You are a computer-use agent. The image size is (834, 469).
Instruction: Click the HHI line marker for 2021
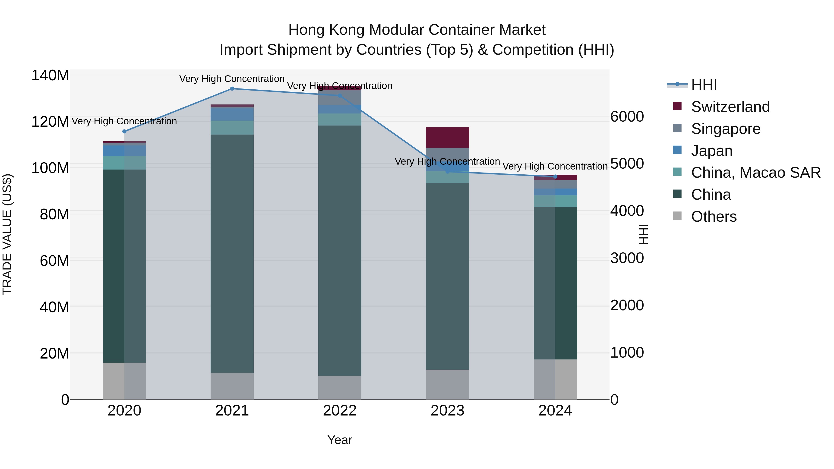[x=232, y=89]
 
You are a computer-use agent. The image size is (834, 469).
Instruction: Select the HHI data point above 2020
[x=124, y=131]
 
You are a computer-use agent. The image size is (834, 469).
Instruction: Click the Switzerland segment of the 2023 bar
[x=447, y=138]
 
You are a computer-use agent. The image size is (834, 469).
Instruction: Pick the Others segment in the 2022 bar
[x=340, y=387]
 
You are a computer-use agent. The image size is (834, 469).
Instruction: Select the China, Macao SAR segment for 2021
[x=232, y=128]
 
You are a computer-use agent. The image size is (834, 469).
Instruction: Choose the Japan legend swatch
[x=677, y=150]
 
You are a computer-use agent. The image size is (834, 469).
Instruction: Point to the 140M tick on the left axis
[x=50, y=76]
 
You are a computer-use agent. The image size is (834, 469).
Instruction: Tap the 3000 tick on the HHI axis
[x=627, y=258]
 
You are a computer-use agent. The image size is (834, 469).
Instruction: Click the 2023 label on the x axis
[x=447, y=411]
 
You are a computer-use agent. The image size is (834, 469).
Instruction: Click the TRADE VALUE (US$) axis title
[x=7, y=234]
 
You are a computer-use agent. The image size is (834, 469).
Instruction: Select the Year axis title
[x=340, y=440]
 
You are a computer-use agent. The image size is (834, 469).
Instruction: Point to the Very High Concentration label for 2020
[x=124, y=121]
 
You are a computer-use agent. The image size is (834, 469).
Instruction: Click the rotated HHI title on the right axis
[x=643, y=234]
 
